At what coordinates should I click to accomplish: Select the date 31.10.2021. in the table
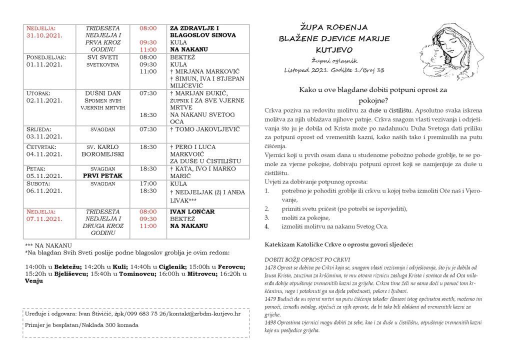point(45,35)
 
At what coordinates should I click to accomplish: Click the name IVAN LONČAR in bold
point(192,211)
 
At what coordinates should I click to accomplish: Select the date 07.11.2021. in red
point(45,219)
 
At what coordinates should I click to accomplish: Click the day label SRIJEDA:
point(40,129)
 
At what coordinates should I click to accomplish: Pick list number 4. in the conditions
point(267,226)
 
